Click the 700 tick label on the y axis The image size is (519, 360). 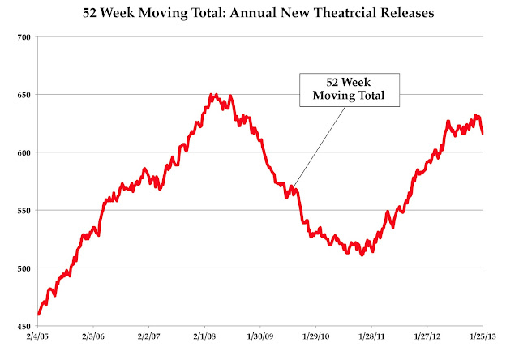(x=24, y=37)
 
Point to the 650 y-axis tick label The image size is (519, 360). (x=24, y=95)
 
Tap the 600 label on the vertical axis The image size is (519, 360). (x=24, y=153)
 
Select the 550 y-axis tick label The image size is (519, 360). (x=24, y=211)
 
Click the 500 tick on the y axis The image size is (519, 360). (x=24, y=268)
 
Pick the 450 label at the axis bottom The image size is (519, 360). (x=24, y=327)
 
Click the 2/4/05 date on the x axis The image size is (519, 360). (x=37, y=336)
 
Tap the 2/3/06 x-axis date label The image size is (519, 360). (x=93, y=336)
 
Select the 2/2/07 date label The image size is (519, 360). (x=148, y=336)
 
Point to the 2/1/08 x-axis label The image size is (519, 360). (x=204, y=336)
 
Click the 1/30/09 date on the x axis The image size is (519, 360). (x=260, y=336)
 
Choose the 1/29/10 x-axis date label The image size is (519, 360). (x=316, y=336)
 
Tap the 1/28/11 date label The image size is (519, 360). (x=371, y=336)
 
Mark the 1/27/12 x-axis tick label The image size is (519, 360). (x=427, y=336)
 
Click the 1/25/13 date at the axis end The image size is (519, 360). (x=483, y=336)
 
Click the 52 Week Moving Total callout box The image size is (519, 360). (x=350, y=90)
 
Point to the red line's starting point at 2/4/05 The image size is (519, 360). (x=39, y=314)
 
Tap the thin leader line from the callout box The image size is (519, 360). (x=319, y=147)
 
